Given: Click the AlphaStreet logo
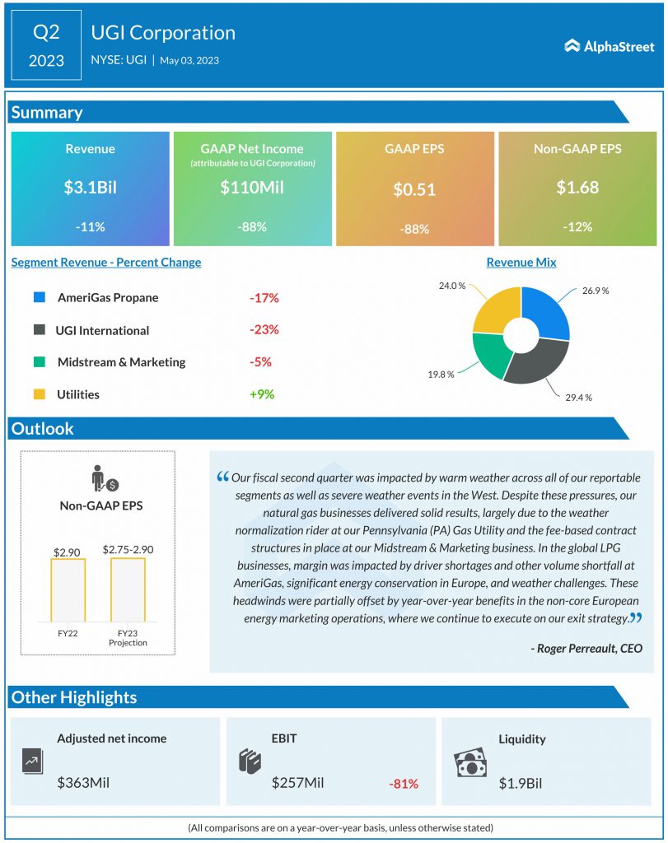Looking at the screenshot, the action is (x=610, y=46).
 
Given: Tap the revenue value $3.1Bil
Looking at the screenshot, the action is (x=91, y=187).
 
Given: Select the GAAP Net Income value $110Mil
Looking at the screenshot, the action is (x=252, y=187).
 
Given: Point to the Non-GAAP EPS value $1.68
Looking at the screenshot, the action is (x=577, y=187).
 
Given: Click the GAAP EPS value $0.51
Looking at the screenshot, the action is (x=414, y=189).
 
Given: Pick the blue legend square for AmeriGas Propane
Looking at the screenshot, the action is (x=40, y=297).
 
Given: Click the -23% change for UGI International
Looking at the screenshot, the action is (x=264, y=329).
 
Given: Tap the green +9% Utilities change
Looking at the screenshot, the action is (x=262, y=394).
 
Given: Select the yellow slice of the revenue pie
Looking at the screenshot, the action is (x=496, y=310).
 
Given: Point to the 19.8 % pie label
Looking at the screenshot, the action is (x=441, y=375).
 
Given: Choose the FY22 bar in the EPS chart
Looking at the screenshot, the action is (x=68, y=590).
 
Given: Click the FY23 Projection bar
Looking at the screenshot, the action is (x=128, y=589).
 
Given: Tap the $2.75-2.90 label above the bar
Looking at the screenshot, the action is (x=128, y=549).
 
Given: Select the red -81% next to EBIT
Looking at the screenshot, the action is (x=404, y=784).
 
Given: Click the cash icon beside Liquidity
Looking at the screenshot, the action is (x=470, y=763).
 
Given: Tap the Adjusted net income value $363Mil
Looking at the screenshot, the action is (x=83, y=782).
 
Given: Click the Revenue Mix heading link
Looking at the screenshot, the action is (x=521, y=263).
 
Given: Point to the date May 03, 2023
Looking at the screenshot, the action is (x=189, y=60).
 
